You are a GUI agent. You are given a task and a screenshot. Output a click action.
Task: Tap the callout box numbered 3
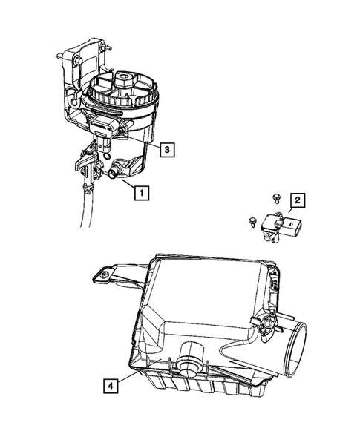168,150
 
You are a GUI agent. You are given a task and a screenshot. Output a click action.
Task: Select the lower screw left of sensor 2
253,220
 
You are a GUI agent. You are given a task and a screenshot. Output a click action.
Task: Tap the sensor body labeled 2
284,226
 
